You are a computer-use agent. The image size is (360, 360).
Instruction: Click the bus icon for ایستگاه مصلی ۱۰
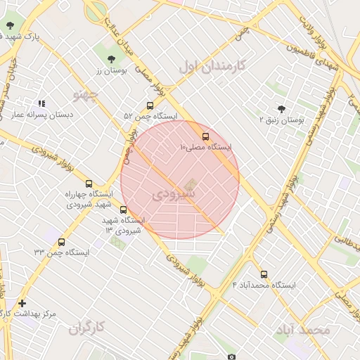205,136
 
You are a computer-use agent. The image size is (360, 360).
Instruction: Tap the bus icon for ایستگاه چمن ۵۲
150,105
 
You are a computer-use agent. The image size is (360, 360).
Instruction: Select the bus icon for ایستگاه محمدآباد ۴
264,275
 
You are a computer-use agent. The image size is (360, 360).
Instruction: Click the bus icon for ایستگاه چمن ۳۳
62,242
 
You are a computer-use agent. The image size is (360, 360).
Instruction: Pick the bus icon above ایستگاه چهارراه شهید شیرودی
89,184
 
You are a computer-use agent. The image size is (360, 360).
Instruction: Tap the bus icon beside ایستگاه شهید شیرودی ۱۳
124,210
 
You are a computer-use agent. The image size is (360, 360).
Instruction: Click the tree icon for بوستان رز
113,58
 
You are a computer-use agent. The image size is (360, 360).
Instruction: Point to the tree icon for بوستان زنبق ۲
282,109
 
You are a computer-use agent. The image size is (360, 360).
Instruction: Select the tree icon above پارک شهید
10,25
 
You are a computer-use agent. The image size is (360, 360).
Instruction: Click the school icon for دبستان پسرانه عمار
41,103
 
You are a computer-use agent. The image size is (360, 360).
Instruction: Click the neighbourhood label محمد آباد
303,329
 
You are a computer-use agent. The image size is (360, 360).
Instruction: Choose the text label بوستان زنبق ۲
281,120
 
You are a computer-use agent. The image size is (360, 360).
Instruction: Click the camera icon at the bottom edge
231,356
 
